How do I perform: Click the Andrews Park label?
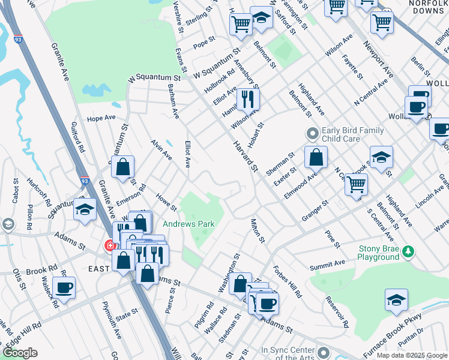click(x=188, y=224)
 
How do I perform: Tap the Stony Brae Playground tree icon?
click(x=408, y=250)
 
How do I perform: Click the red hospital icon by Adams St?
click(x=110, y=245)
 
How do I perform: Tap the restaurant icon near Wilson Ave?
click(x=247, y=97)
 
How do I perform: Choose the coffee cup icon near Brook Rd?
click(x=64, y=287)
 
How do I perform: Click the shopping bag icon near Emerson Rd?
click(x=122, y=168)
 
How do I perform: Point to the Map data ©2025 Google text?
click(x=412, y=355)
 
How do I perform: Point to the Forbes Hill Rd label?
click(x=288, y=281)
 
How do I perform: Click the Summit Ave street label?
click(x=327, y=264)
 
